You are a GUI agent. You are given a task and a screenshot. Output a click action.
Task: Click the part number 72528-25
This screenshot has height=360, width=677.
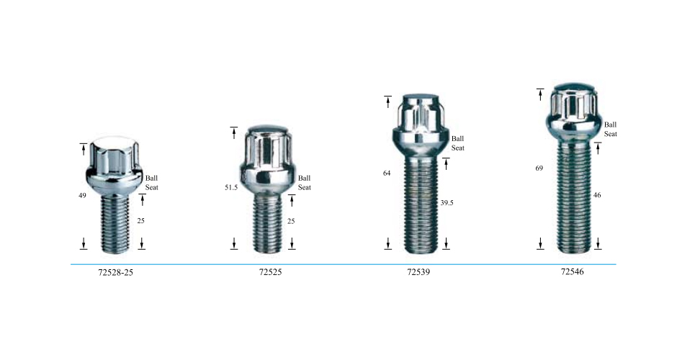pyautogui.click(x=116, y=272)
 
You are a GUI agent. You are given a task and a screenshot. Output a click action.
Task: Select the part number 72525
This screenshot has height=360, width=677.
pyautogui.click(x=270, y=272)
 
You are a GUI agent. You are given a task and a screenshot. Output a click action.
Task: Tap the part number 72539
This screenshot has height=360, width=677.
pyautogui.click(x=418, y=272)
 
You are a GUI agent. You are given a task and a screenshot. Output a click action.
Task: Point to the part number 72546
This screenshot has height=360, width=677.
pyautogui.click(x=572, y=271)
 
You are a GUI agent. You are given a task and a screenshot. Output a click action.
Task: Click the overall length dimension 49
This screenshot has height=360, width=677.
pyautogui.click(x=82, y=196)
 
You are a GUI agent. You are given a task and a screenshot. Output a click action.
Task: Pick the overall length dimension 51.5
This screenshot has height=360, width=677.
pyautogui.click(x=231, y=187)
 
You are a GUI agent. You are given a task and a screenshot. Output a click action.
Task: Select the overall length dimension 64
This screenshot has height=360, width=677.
pyautogui.click(x=387, y=173)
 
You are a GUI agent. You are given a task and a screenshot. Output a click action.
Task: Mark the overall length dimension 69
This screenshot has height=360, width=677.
pyautogui.click(x=539, y=168)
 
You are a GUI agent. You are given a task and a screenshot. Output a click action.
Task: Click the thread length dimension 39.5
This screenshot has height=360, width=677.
pyautogui.click(x=447, y=202)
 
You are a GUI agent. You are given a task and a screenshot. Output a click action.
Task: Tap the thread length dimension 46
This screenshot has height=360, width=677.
pyautogui.click(x=597, y=195)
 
